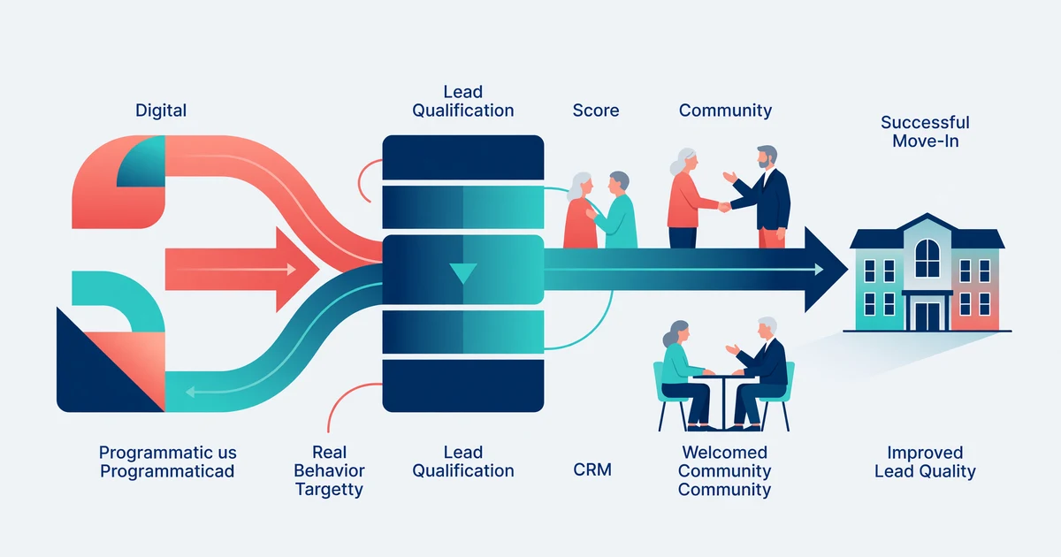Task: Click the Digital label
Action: [161, 111]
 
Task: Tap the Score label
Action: [595, 111]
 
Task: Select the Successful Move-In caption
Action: [925, 132]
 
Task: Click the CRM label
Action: [592, 469]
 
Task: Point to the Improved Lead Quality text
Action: [925, 462]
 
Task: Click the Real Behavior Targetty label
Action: [330, 470]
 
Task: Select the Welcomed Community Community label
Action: [724, 470]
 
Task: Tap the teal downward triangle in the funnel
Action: [463, 272]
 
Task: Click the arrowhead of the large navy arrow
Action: [827, 270]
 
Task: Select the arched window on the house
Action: [927, 257]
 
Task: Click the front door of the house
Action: [927, 314]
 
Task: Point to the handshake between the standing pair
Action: [724, 206]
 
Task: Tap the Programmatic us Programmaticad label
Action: [167, 462]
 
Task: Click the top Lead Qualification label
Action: [462, 102]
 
